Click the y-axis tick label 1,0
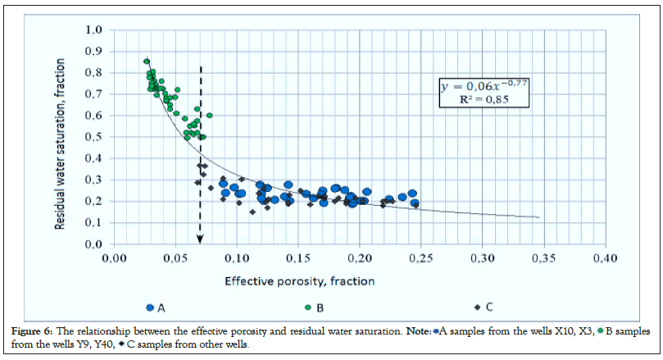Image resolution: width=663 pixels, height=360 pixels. [93, 30]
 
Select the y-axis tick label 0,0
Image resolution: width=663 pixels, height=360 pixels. [93, 244]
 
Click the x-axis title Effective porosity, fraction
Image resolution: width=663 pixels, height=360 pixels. [300, 281]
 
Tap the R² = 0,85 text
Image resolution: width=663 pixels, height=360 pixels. [479, 100]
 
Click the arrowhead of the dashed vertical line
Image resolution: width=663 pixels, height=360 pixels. [202, 239]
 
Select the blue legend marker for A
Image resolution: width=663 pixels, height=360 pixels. [150, 308]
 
